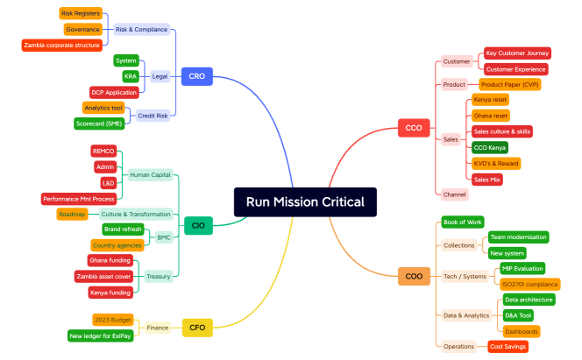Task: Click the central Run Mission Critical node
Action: pyautogui.click(x=305, y=202)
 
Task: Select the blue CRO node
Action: pyautogui.click(x=196, y=76)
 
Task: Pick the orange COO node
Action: pyautogui.click(x=414, y=276)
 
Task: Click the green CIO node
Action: pyautogui.click(x=198, y=226)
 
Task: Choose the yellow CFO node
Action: pyautogui.click(x=197, y=328)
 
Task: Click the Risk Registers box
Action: pyautogui.click(x=80, y=13)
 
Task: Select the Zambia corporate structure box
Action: pyautogui.click(x=61, y=45)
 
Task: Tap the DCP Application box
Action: pyautogui.click(x=114, y=92)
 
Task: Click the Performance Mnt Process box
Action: pyautogui.click(x=79, y=199)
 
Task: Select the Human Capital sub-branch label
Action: pyautogui.click(x=151, y=174)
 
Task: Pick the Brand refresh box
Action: pyautogui.click(x=124, y=229)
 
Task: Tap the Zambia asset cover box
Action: pyautogui.click(x=103, y=277)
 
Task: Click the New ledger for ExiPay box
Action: pyautogui.click(x=100, y=335)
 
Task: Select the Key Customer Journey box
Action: pyautogui.click(x=517, y=53)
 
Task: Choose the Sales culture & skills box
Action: pyautogui.click(x=501, y=131)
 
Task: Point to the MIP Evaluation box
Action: pyautogui.click(x=522, y=268)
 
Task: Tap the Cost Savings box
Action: pyautogui.click(x=508, y=347)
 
